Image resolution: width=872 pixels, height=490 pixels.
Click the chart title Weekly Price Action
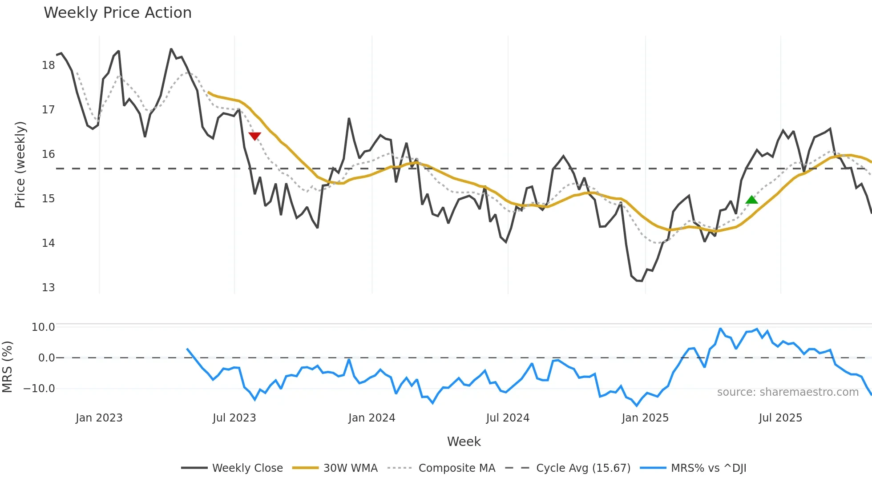tap(117, 13)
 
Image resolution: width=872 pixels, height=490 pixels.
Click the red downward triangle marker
tap(254, 136)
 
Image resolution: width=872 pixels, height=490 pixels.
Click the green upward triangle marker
tap(751, 200)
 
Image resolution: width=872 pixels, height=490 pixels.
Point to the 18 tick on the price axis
tap(48, 65)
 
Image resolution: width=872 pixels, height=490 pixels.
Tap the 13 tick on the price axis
tap(48, 288)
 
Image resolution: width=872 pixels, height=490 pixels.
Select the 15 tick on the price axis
tap(48, 199)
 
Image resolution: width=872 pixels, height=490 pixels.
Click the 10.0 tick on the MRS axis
tap(43, 327)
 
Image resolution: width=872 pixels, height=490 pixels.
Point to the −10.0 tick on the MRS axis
tap(39, 389)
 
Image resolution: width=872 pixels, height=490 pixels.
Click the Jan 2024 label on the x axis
tap(371, 418)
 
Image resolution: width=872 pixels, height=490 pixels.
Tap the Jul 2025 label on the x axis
tap(780, 418)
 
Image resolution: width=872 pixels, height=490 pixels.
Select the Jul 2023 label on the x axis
tap(234, 418)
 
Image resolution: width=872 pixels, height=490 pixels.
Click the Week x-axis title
tap(464, 442)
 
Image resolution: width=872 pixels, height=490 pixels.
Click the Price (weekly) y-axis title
tap(20, 165)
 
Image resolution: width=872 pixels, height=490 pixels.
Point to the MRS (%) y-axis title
tap(7, 367)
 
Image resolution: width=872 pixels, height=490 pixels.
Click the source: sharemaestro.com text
tap(787, 392)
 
